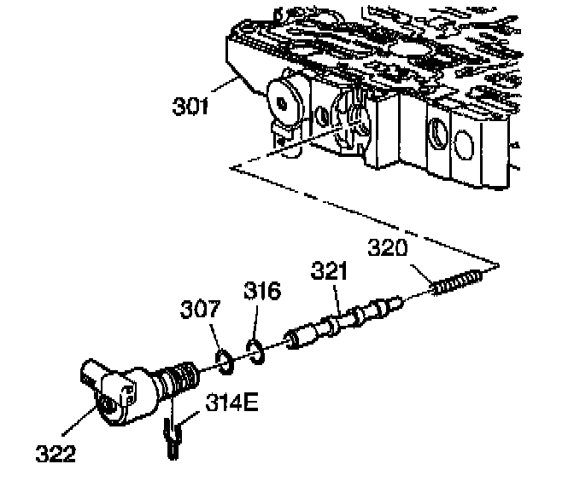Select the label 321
click(x=329, y=272)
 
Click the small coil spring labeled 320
click(x=457, y=284)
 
